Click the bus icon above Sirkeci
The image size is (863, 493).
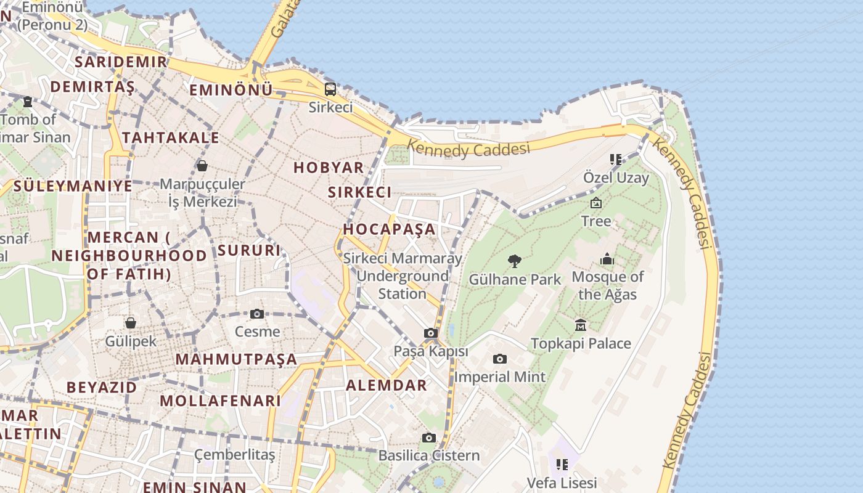pos(330,89)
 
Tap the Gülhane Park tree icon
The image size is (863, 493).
pos(514,261)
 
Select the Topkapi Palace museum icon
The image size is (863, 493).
pos(580,325)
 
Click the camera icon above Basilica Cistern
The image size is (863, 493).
pos(429,438)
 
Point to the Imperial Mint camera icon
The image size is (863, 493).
pos(500,359)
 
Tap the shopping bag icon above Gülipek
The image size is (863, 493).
pos(131,323)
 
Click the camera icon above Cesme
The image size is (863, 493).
pos(257,314)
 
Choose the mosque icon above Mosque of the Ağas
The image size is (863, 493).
pos(607,259)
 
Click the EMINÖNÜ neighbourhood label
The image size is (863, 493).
pos(231,90)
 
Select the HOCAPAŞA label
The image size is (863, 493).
pos(389,229)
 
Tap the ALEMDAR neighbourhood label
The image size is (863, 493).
pos(387,386)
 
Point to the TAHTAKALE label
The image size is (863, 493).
pos(171,137)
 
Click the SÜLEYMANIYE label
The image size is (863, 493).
pos(73,185)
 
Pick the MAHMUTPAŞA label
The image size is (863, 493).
pos(236,359)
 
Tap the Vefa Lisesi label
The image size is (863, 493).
pos(562,483)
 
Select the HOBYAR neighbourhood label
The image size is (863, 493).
pos(329,168)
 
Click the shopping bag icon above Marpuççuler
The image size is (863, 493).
pos(202,166)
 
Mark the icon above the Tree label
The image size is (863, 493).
pos(596,203)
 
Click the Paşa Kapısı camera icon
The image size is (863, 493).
pos(431,333)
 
